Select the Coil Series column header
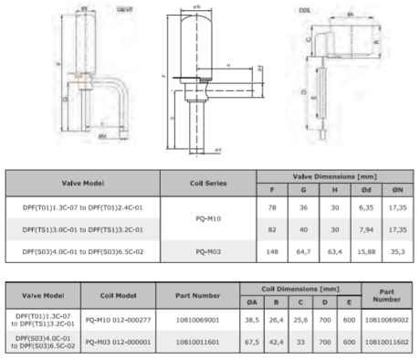(207, 183)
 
